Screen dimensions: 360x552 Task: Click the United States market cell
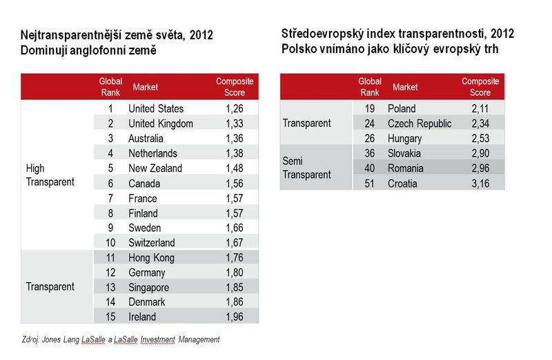point(156,109)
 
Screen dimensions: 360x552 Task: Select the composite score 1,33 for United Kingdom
point(235,123)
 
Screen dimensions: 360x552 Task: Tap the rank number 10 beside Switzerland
point(110,243)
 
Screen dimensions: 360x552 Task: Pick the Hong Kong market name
point(151,258)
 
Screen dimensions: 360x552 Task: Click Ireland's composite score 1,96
point(235,317)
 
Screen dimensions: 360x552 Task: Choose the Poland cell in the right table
point(402,109)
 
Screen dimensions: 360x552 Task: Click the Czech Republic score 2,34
point(480,123)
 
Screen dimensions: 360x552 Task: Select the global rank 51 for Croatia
point(369,183)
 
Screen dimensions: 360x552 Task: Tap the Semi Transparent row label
point(306,168)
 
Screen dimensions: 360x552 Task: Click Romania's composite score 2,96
point(480,168)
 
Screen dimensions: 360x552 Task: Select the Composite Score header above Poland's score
point(480,87)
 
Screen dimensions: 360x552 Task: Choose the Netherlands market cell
point(152,153)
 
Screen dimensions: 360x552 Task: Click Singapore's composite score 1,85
point(235,288)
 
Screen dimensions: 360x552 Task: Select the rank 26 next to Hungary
point(369,139)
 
